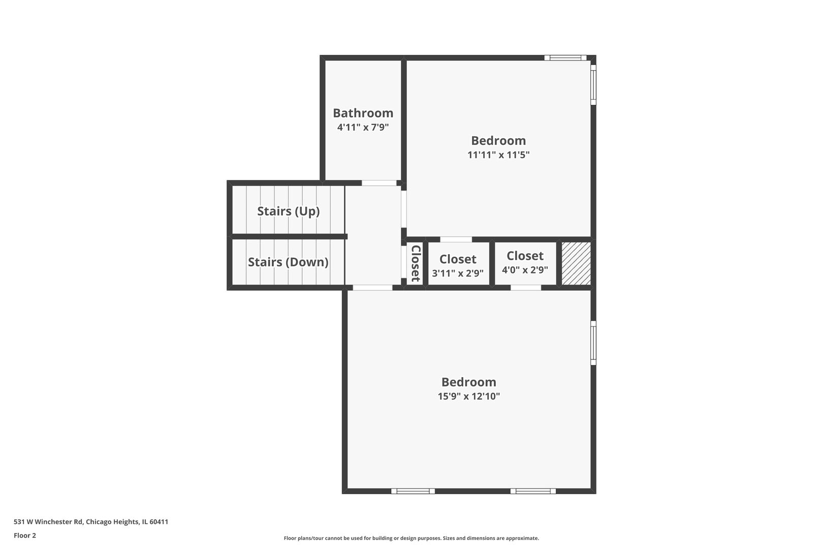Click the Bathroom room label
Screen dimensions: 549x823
pyautogui.click(x=363, y=113)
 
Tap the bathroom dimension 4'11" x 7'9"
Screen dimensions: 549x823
pyautogui.click(x=363, y=127)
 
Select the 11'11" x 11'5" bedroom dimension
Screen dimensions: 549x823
pyautogui.click(x=498, y=155)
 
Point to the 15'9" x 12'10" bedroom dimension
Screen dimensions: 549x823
pyautogui.click(x=468, y=396)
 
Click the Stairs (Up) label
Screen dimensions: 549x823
pyautogui.click(x=288, y=211)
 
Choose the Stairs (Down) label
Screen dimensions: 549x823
pyautogui.click(x=288, y=262)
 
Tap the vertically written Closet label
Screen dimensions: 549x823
pyautogui.click(x=416, y=263)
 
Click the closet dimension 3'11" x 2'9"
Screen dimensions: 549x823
pyautogui.click(x=457, y=273)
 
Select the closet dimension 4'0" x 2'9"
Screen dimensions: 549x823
pyautogui.click(x=525, y=270)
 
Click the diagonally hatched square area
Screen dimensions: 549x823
pyautogui.click(x=576, y=263)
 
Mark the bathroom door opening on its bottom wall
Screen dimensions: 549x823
pyautogui.click(x=379, y=183)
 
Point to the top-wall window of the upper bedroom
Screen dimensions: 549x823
pyautogui.click(x=565, y=58)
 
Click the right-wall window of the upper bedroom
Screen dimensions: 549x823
pyautogui.click(x=593, y=84)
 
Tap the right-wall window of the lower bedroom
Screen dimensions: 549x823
pyautogui.click(x=593, y=342)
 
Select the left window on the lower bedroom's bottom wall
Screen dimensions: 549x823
pyautogui.click(x=413, y=491)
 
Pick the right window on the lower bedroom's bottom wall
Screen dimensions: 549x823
pyautogui.click(x=533, y=491)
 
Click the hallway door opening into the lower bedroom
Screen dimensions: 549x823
pyautogui.click(x=372, y=288)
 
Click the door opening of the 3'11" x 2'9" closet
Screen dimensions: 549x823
pyautogui.click(x=456, y=239)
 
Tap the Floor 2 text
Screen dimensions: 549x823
pyautogui.click(x=25, y=535)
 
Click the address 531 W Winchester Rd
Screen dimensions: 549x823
pyautogui.click(x=48, y=522)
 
